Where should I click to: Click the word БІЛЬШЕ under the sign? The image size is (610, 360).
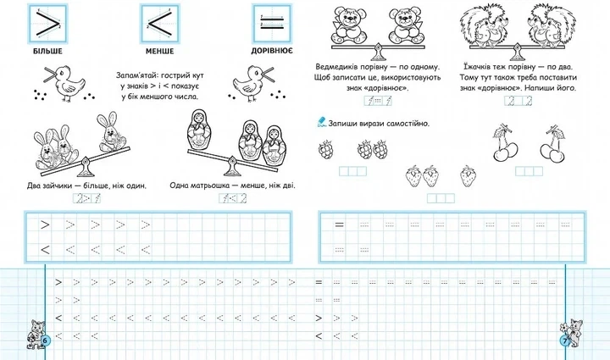(47, 51)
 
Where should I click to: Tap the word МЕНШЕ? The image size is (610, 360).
(159, 51)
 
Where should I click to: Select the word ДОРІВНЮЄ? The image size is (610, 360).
(272, 51)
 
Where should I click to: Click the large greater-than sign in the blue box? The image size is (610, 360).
(47, 24)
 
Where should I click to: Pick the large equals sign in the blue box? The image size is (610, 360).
(272, 22)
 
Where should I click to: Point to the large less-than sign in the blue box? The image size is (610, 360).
(159, 24)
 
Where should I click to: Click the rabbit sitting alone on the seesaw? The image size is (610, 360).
(111, 131)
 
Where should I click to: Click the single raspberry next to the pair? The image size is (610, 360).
(325, 150)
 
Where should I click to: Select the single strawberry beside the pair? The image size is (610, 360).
(467, 175)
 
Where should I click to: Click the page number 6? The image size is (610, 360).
(45, 341)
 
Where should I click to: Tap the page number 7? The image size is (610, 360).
(564, 341)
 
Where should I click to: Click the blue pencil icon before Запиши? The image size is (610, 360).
(321, 123)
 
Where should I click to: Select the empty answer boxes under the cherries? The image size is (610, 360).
(529, 170)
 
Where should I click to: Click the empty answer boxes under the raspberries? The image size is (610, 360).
(352, 171)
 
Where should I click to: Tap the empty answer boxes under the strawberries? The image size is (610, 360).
(441, 198)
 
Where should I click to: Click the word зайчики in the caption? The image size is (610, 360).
(58, 186)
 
